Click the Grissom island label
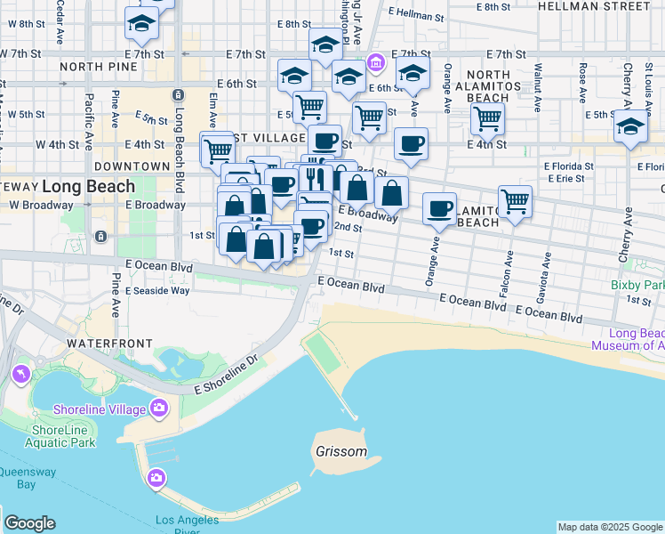341,451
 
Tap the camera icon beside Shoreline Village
159,409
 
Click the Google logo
29,523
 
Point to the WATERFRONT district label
102,343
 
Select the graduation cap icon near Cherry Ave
630,126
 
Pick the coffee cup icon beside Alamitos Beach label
438,207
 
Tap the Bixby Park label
637,286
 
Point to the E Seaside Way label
157,291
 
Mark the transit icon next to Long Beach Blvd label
178,94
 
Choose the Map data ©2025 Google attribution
609,527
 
